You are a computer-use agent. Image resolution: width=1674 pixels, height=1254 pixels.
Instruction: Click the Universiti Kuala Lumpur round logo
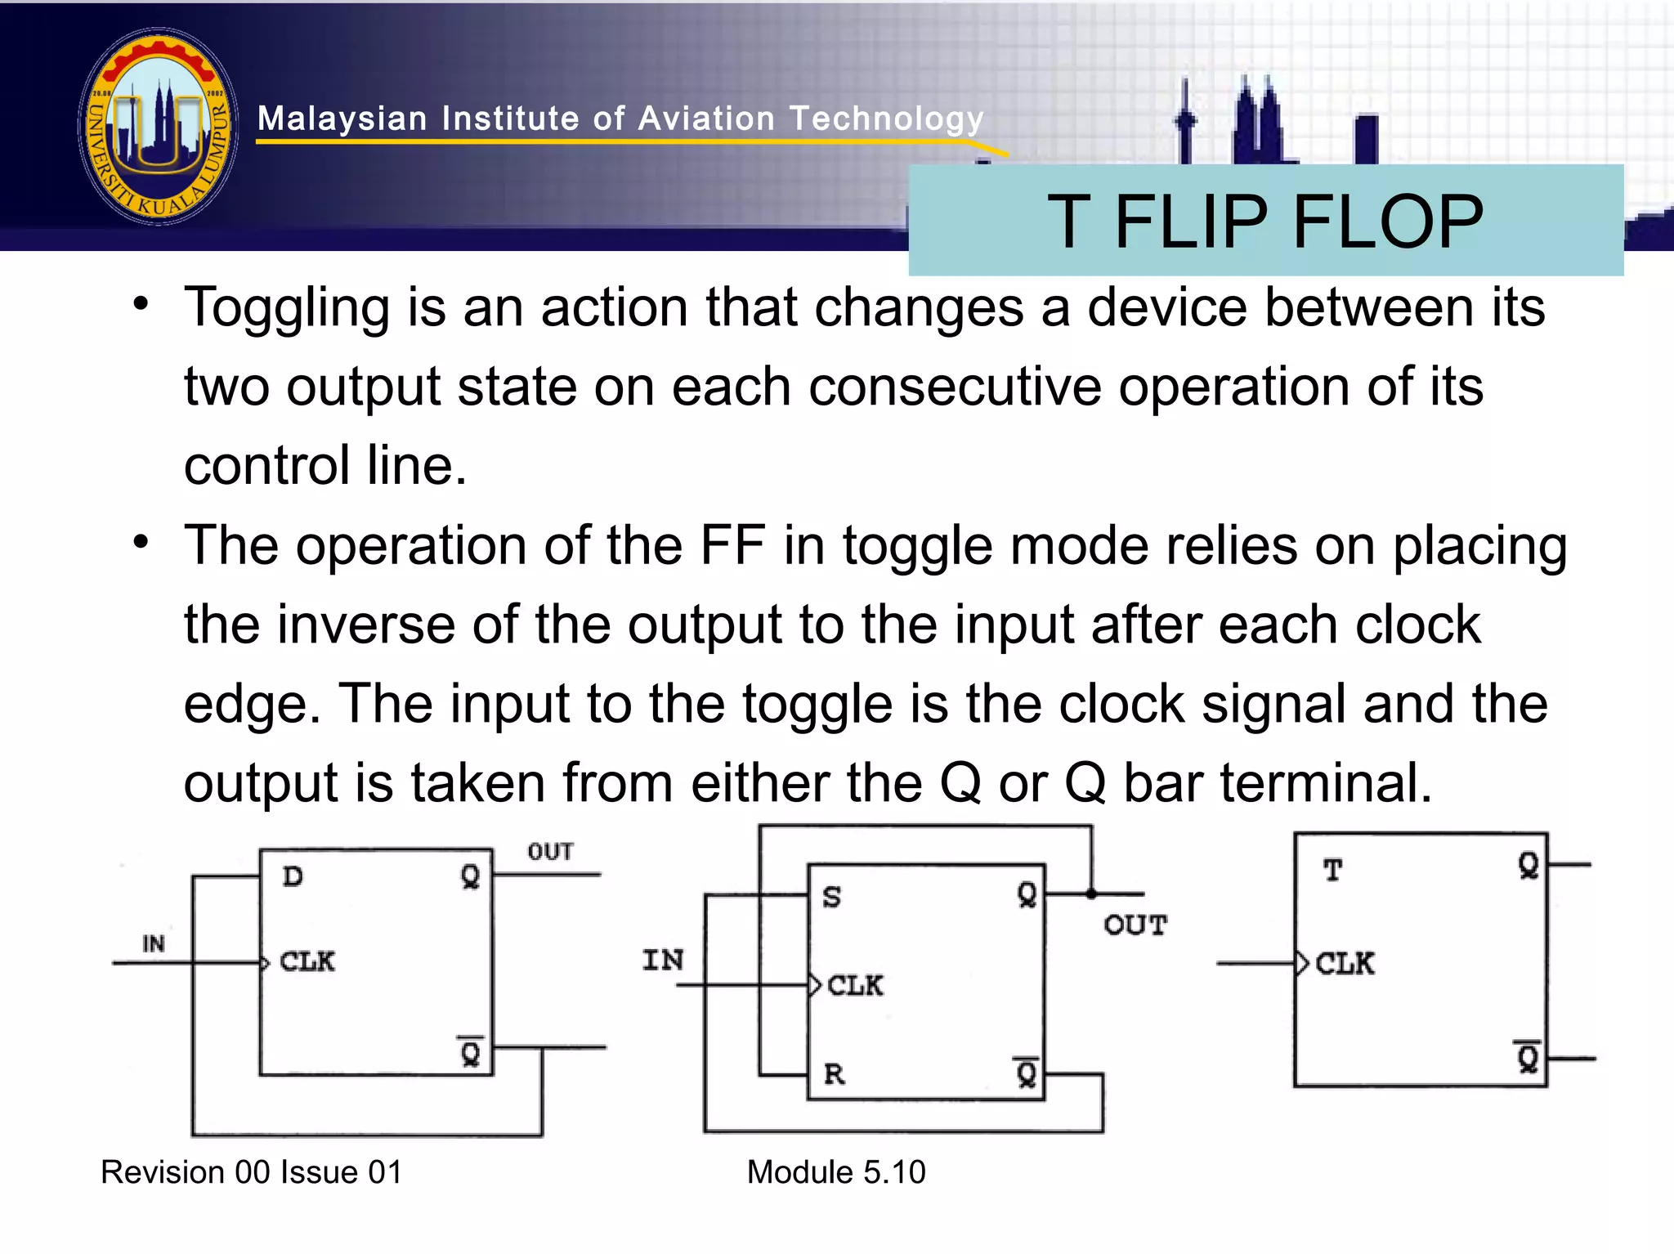pos(159,127)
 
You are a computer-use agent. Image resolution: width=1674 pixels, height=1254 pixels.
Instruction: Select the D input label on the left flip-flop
pos(293,876)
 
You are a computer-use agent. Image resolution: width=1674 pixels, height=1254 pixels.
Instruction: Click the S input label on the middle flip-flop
pos(831,897)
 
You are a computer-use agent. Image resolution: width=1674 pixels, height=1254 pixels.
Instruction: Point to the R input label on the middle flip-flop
pos(834,1073)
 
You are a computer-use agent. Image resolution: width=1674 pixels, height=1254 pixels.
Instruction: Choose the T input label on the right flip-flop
pos(1332,871)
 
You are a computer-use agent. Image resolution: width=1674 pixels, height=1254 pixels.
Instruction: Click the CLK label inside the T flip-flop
pos(1345,964)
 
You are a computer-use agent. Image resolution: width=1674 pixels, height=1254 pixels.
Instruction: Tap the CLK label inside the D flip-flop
pos(307,961)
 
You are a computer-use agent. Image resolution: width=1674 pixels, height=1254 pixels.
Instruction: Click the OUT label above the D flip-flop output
pos(550,852)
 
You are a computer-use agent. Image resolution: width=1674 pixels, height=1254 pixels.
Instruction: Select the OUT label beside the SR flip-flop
pos(1135,925)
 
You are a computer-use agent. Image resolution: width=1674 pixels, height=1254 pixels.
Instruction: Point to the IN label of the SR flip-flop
pos(663,960)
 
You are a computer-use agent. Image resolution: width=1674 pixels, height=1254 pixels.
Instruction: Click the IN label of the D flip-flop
pos(154,944)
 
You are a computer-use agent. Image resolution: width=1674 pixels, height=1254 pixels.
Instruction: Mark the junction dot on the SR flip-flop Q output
pos(1091,893)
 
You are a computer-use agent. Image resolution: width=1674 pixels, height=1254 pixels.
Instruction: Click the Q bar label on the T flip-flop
pos(1528,1058)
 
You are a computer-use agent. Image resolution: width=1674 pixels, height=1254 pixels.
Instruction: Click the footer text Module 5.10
pos(836,1172)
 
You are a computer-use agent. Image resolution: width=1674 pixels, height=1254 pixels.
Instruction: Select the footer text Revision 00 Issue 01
pos(251,1172)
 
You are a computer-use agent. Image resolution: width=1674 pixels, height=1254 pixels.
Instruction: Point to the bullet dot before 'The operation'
pos(141,542)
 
